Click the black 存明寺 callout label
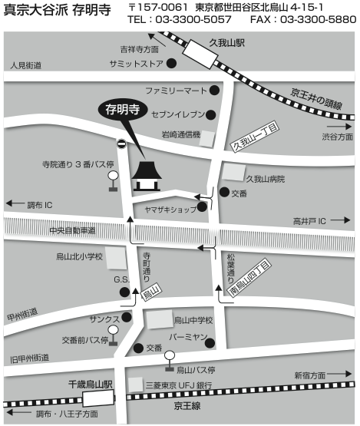click(x=123, y=109)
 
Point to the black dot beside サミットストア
click(x=171, y=64)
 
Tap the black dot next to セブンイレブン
click(x=209, y=116)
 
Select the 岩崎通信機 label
click(x=180, y=135)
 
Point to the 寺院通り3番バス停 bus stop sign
click(x=114, y=176)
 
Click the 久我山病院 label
click(x=265, y=179)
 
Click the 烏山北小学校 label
click(x=79, y=257)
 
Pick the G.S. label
click(x=122, y=279)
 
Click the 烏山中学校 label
click(x=193, y=320)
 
